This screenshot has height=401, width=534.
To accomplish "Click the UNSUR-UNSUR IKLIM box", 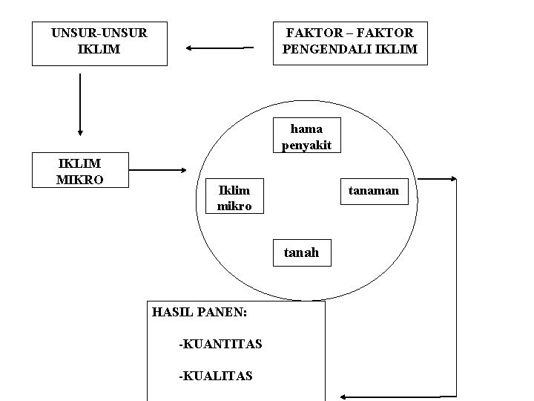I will pos(99,42).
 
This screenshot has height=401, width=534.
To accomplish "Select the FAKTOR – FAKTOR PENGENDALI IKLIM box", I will pos(350,42).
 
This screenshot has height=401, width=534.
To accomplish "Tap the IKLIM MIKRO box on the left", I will pos(79,170).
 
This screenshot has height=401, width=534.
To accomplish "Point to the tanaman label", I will pos(374,191).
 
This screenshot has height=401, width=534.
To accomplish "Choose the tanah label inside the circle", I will pos(301,252).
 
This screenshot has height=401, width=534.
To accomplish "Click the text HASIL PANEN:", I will pos(199,312).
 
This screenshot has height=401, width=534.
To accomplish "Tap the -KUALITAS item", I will pos(215,376).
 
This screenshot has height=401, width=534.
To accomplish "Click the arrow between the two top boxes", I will pos(220,48).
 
